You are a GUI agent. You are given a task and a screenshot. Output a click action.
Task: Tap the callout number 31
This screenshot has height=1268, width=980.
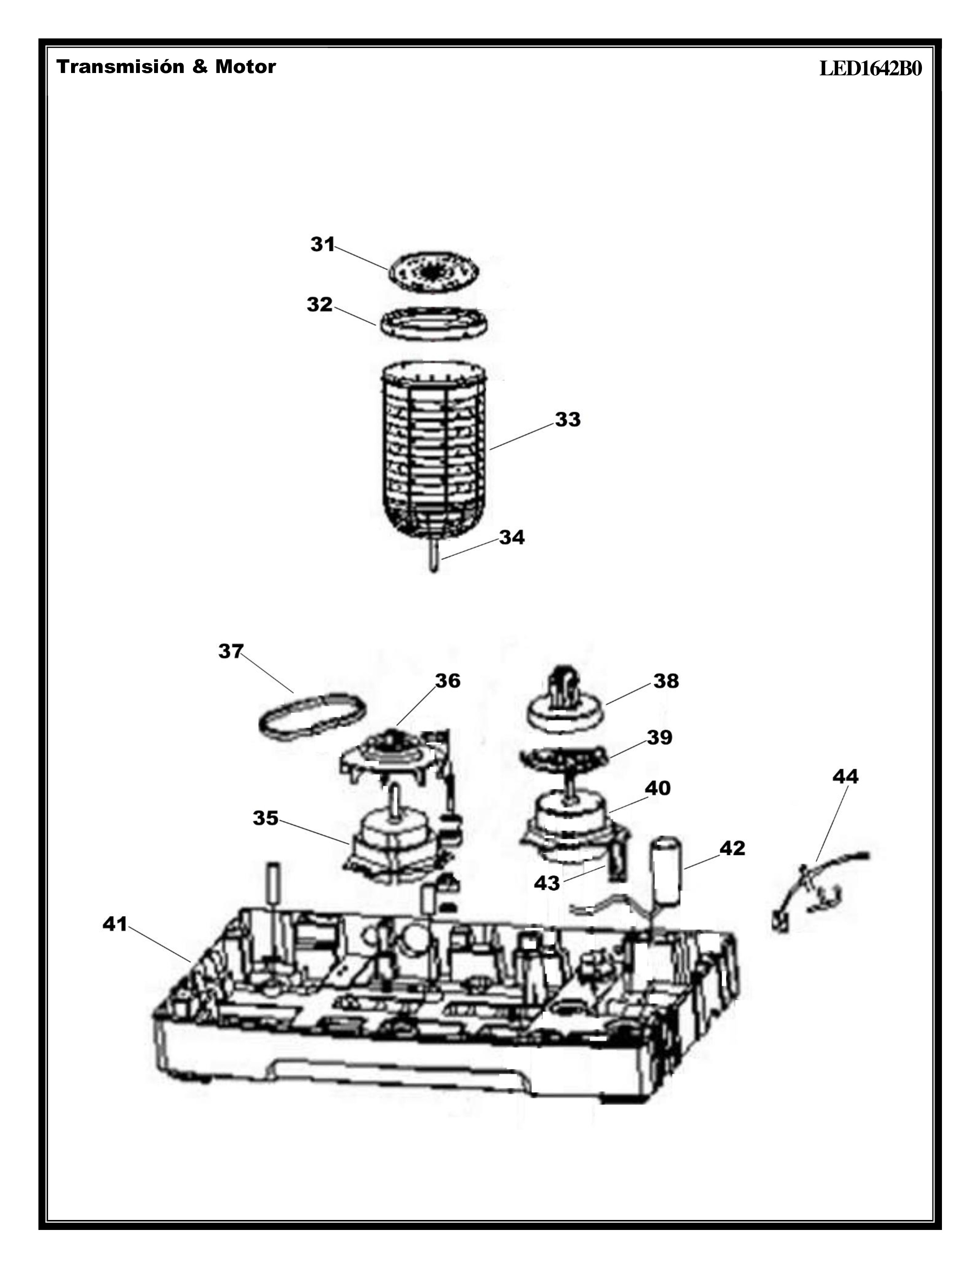(323, 244)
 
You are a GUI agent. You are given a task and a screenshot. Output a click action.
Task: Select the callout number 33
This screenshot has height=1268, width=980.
(567, 419)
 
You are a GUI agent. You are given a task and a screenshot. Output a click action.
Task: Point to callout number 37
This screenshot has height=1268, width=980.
(231, 651)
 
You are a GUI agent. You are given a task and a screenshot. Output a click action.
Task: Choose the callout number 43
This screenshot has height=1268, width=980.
(546, 883)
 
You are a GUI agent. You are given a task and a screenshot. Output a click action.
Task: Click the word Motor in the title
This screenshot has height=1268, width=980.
(246, 67)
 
